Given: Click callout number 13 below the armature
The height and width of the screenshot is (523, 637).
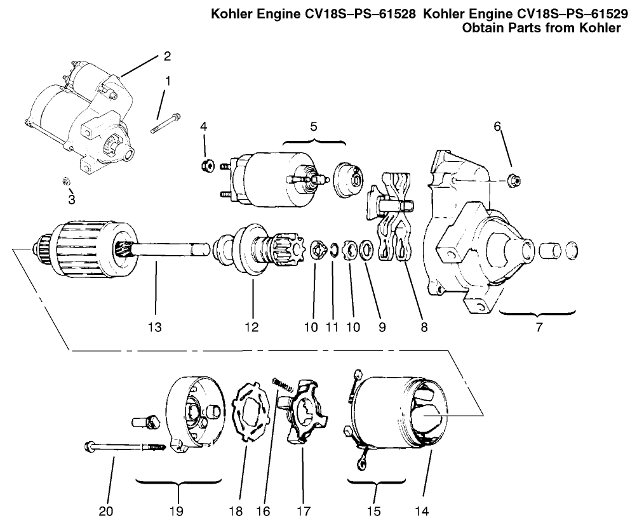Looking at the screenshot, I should (154, 328).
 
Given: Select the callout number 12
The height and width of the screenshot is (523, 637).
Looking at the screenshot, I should (251, 328).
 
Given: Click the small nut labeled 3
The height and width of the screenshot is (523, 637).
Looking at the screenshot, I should (67, 182).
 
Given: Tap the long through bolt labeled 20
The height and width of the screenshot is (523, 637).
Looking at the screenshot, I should (124, 447).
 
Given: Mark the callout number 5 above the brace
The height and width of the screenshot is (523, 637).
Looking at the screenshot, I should (313, 125).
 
